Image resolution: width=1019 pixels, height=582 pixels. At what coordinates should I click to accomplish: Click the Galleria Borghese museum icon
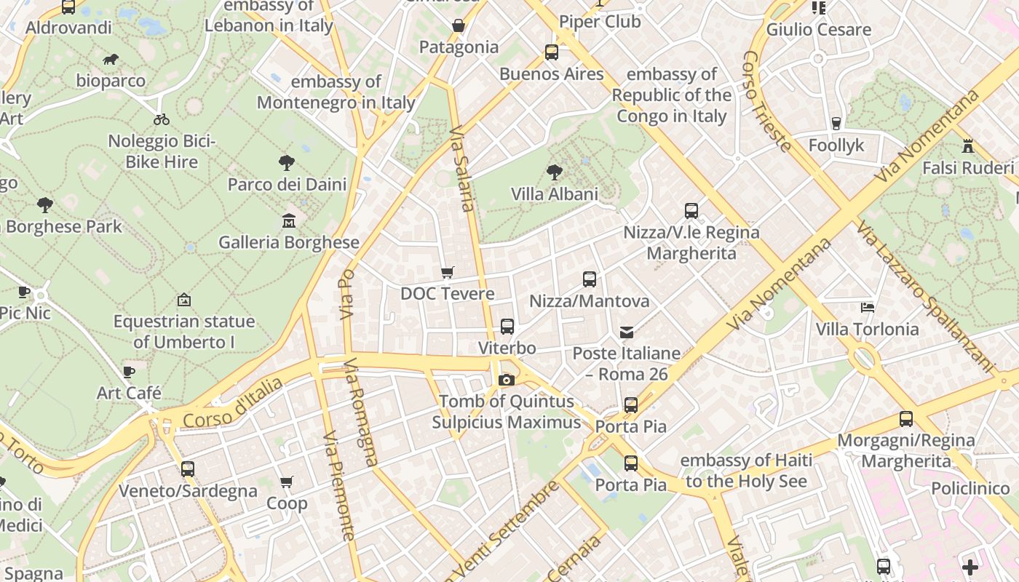click(x=289, y=220)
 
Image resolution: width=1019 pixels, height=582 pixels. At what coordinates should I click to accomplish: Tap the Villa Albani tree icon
click(x=555, y=172)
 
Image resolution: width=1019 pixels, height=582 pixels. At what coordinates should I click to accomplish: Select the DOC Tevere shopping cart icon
click(x=448, y=273)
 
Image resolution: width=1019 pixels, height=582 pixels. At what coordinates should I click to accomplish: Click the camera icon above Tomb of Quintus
click(x=507, y=380)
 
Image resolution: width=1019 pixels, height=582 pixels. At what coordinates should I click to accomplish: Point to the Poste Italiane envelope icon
click(x=627, y=332)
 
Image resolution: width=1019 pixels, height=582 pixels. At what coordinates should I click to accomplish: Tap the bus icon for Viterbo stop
click(x=507, y=327)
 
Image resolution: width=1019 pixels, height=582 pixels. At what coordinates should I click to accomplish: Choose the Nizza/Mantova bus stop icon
click(x=590, y=279)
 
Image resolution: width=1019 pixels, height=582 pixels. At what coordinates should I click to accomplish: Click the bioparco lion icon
click(x=111, y=59)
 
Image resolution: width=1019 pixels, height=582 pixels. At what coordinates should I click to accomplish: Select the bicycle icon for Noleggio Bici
click(x=162, y=119)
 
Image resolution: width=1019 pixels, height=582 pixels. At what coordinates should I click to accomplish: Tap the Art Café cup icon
click(x=129, y=372)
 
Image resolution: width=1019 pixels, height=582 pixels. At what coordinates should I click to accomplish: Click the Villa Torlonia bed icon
click(x=867, y=308)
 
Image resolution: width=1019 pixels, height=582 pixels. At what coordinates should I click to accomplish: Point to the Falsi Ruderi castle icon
click(x=967, y=146)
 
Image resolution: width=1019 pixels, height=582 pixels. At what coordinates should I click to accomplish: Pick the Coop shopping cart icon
click(x=287, y=482)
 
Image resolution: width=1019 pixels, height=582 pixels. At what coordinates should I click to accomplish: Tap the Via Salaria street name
click(x=462, y=170)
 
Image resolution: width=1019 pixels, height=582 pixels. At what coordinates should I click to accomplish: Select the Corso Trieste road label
click(x=766, y=101)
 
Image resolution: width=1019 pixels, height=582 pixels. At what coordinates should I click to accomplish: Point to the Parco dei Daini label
click(x=287, y=185)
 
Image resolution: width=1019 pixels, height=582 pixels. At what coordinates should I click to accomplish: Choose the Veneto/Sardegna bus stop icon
click(x=188, y=469)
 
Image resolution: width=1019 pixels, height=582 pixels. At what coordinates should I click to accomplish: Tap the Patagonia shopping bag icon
click(x=459, y=26)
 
